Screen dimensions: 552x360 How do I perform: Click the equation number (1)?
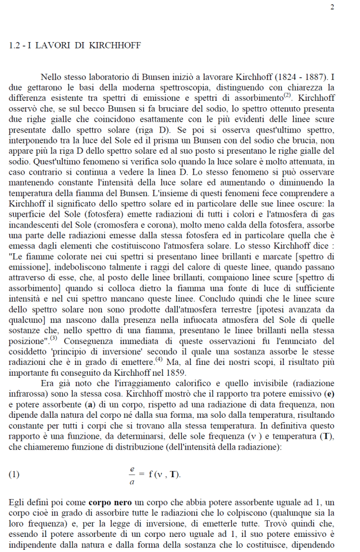coord(15,474)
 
